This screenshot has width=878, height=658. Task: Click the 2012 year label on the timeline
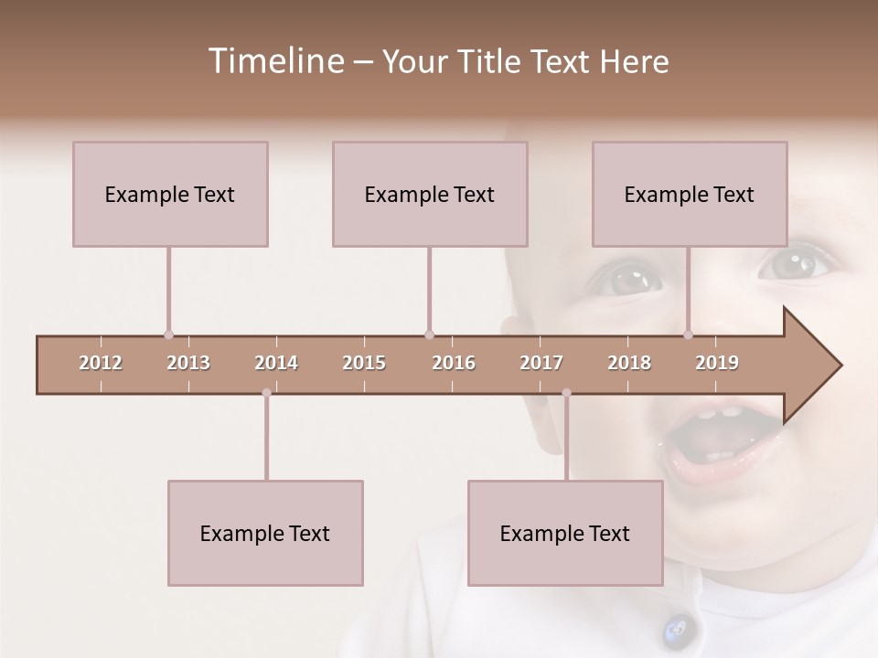click(101, 363)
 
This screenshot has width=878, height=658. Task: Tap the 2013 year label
click(188, 363)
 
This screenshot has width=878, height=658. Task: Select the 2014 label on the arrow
click(276, 363)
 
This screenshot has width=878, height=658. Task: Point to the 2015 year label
click(364, 363)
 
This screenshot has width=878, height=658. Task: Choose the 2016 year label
click(454, 363)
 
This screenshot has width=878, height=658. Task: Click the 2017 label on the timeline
click(541, 363)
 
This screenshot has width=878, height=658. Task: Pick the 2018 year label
click(629, 363)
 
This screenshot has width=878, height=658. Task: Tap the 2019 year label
click(717, 363)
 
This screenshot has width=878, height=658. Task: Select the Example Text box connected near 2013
click(170, 194)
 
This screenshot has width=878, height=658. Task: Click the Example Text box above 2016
click(430, 194)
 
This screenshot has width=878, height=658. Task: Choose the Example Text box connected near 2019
click(690, 194)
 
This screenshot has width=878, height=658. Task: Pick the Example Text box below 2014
click(265, 533)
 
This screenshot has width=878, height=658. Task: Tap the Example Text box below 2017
click(565, 533)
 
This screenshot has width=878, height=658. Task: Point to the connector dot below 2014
click(266, 393)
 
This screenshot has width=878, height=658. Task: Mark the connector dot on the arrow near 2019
click(689, 334)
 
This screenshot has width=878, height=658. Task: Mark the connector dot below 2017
click(566, 393)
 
